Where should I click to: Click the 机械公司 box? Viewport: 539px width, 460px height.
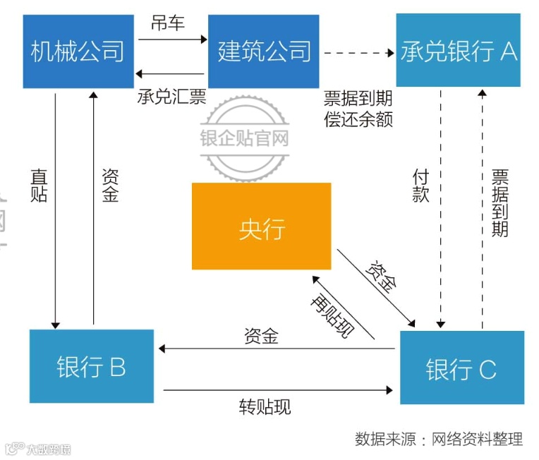(78, 52)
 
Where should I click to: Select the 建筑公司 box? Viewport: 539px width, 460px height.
(263, 52)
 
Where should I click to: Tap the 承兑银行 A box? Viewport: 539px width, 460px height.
(458, 50)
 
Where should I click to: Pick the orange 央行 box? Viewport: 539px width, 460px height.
(262, 226)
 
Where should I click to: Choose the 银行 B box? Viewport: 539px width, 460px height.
(92, 366)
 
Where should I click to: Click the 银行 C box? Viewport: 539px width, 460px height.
(461, 367)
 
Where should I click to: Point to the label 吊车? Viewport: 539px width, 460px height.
(168, 23)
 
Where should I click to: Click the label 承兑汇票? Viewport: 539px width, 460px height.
(171, 96)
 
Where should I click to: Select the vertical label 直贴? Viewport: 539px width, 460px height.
(39, 185)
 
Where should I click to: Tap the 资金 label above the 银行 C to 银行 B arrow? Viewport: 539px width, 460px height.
(261, 336)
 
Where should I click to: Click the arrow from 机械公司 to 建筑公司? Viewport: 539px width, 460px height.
(171, 40)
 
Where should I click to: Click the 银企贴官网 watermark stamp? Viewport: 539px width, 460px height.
(245, 138)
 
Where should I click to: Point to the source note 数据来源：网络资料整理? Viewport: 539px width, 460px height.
(439, 438)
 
